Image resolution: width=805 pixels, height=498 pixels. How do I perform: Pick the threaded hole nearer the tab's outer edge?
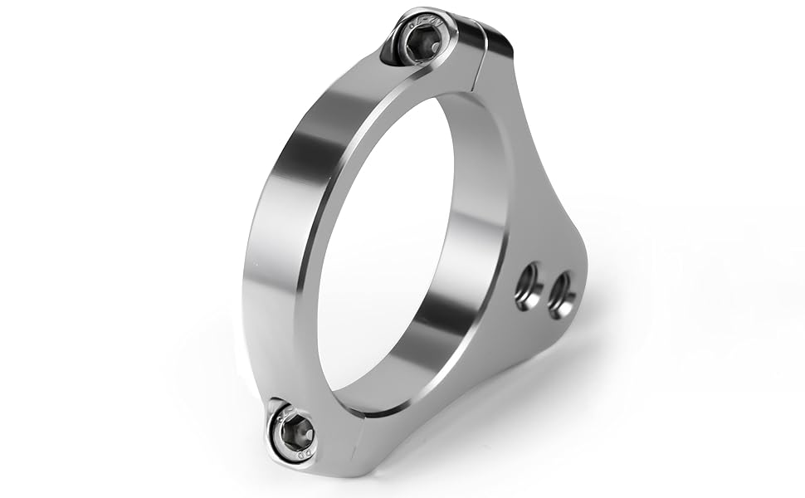click(562, 291)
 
